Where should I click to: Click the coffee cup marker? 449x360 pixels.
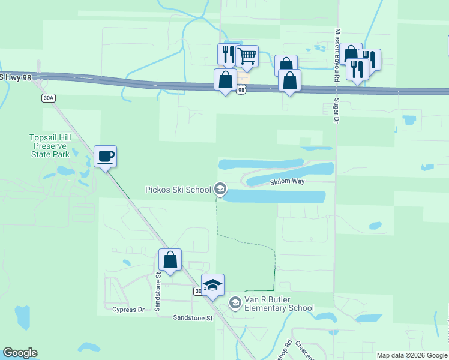point(106,157)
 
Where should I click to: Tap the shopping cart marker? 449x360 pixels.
point(247,57)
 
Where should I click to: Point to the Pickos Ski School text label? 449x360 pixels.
point(178,190)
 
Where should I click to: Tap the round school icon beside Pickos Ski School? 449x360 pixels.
point(220,190)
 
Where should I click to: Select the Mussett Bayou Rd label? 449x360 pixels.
point(337,48)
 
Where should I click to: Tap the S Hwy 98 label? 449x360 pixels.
point(14,77)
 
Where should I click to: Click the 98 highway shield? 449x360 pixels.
point(241,90)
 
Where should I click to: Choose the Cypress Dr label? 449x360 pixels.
point(128,310)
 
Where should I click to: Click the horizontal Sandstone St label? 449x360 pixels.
point(193,318)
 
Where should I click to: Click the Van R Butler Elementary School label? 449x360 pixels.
point(278,304)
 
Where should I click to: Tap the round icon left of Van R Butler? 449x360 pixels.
point(235,304)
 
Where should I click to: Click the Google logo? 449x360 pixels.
point(20,353)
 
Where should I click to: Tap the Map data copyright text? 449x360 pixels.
point(412,355)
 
